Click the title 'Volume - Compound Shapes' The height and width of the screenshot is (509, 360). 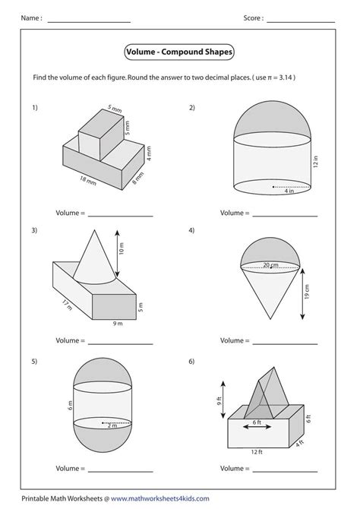[x=179, y=52]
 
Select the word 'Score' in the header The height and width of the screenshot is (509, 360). [x=253, y=17]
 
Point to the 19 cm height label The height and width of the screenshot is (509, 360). [x=306, y=293]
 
